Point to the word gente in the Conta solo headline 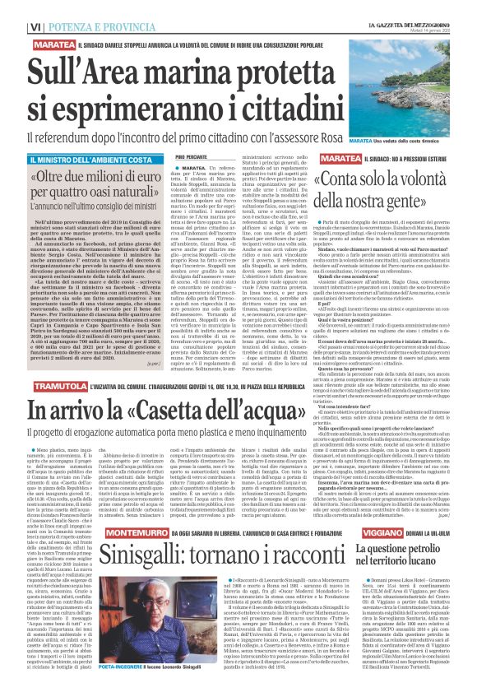pos(421,200)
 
